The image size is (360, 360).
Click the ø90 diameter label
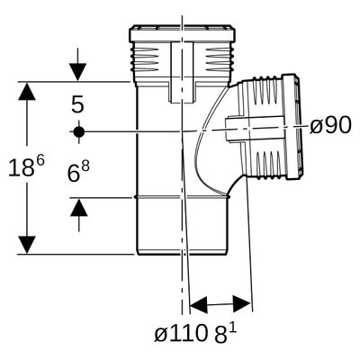pyautogui.click(x=330, y=125)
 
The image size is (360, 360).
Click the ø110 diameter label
pyautogui.click(x=181, y=334)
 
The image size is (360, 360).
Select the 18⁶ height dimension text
pyautogui.click(x=26, y=166)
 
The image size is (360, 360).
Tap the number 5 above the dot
pyautogui.click(x=77, y=104)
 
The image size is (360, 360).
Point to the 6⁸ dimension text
pyautogui.click(x=78, y=172)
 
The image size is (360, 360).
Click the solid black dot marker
pyautogui.click(x=78, y=131)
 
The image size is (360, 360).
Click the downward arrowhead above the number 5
pyautogui.click(x=77, y=72)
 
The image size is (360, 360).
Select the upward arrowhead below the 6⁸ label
pyautogui.click(x=79, y=207)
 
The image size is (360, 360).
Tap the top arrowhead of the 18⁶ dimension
pyautogui.click(x=27, y=91)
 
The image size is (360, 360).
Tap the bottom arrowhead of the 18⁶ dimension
pyautogui.click(x=27, y=245)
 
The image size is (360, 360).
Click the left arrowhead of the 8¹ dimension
pyautogui.click(x=199, y=306)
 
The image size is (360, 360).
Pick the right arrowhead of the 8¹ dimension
pyautogui.click(x=242, y=303)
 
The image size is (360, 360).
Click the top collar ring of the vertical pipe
pyautogui.click(x=182, y=33)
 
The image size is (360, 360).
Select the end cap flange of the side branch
pyautogui.click(x=292, y=126)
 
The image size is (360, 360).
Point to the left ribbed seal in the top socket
pyautogui.click(x=146, y=59)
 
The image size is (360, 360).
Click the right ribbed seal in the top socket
pyautogui.click(x=219, y=59)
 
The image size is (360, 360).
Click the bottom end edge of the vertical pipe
pyautogui.click(x=181, y=254)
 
